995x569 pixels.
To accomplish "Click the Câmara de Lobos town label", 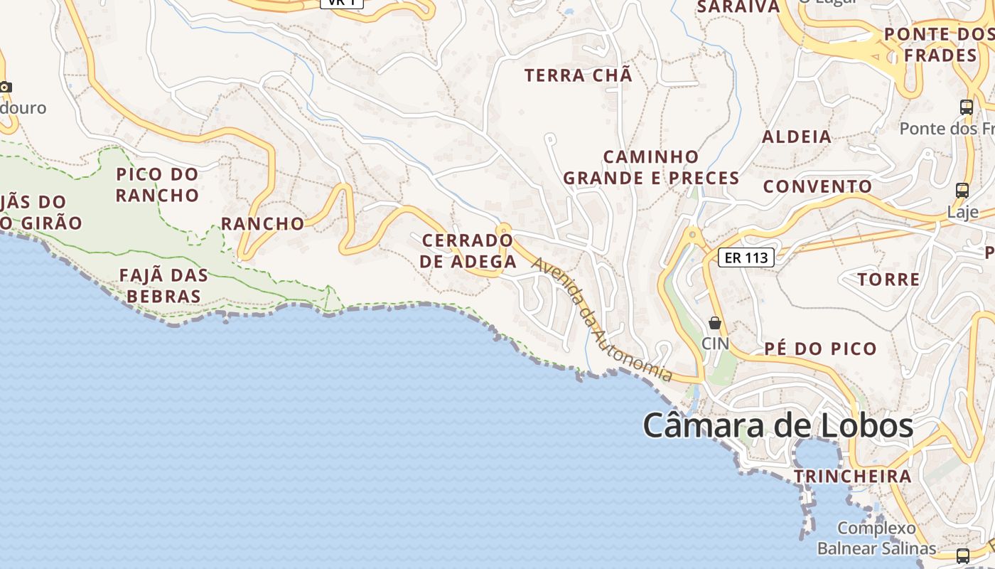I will tap(778, 425).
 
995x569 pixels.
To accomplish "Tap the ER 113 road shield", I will tap(746, 257).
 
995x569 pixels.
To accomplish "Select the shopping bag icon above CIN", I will tap(715, 323).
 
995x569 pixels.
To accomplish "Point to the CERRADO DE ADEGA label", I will tap(468, 250).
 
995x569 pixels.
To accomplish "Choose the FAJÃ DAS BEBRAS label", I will tap(163, 285).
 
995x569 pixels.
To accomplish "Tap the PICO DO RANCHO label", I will tap(157, 184).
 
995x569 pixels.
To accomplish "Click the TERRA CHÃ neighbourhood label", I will tap(578, 75).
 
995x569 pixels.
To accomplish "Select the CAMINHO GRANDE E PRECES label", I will tap(651, 167).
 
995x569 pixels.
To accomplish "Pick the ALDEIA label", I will tap(796, 137).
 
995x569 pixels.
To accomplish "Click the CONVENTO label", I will tap(817, 186).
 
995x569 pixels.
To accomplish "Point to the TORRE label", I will tap(888, 279).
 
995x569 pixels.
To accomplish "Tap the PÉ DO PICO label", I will tap(821, 349).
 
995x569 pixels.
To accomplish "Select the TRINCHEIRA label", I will tap(852, 476).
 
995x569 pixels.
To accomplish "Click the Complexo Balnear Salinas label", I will tap(876, 538).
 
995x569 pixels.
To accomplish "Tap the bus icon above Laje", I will tap(962, 191).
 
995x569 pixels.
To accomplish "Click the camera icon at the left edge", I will tap(6, 87).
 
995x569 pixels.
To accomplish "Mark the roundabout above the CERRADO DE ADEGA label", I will tap(504, 230).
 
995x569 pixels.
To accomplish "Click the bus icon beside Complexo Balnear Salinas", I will tap(962, 555).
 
